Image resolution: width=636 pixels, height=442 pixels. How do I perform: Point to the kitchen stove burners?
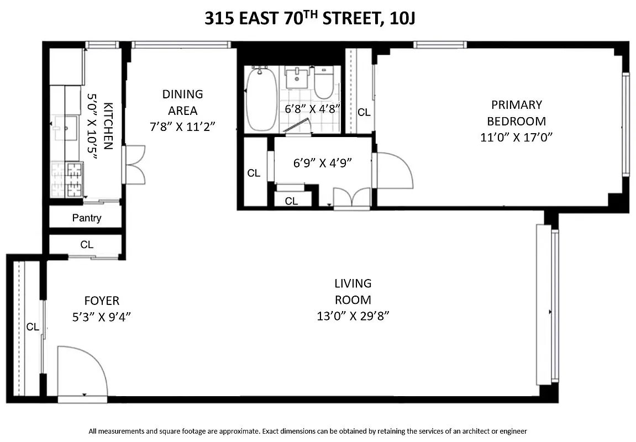[x=73, y=180]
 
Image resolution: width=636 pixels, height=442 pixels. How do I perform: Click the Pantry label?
[x=87, y=218]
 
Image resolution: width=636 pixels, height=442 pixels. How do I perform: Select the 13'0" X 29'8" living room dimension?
[x=353, y=317]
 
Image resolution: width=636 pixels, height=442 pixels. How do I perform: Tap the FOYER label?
[x=102, y=301]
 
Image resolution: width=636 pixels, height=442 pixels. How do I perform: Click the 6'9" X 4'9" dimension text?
[x=323, y=162]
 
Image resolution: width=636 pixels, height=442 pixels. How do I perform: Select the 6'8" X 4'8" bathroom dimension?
[x=312, y=109]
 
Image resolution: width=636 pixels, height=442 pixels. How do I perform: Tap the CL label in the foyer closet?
[x=33, y=327]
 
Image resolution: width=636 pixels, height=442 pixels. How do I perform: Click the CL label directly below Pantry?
[x=87, y=244]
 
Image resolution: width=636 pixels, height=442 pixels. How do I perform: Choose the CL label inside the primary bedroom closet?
[x=364, y=112]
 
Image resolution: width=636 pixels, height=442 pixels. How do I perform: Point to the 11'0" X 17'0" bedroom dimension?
[x=516, y=137]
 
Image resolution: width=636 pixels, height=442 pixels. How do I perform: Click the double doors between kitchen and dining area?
[x=134, y=165]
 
